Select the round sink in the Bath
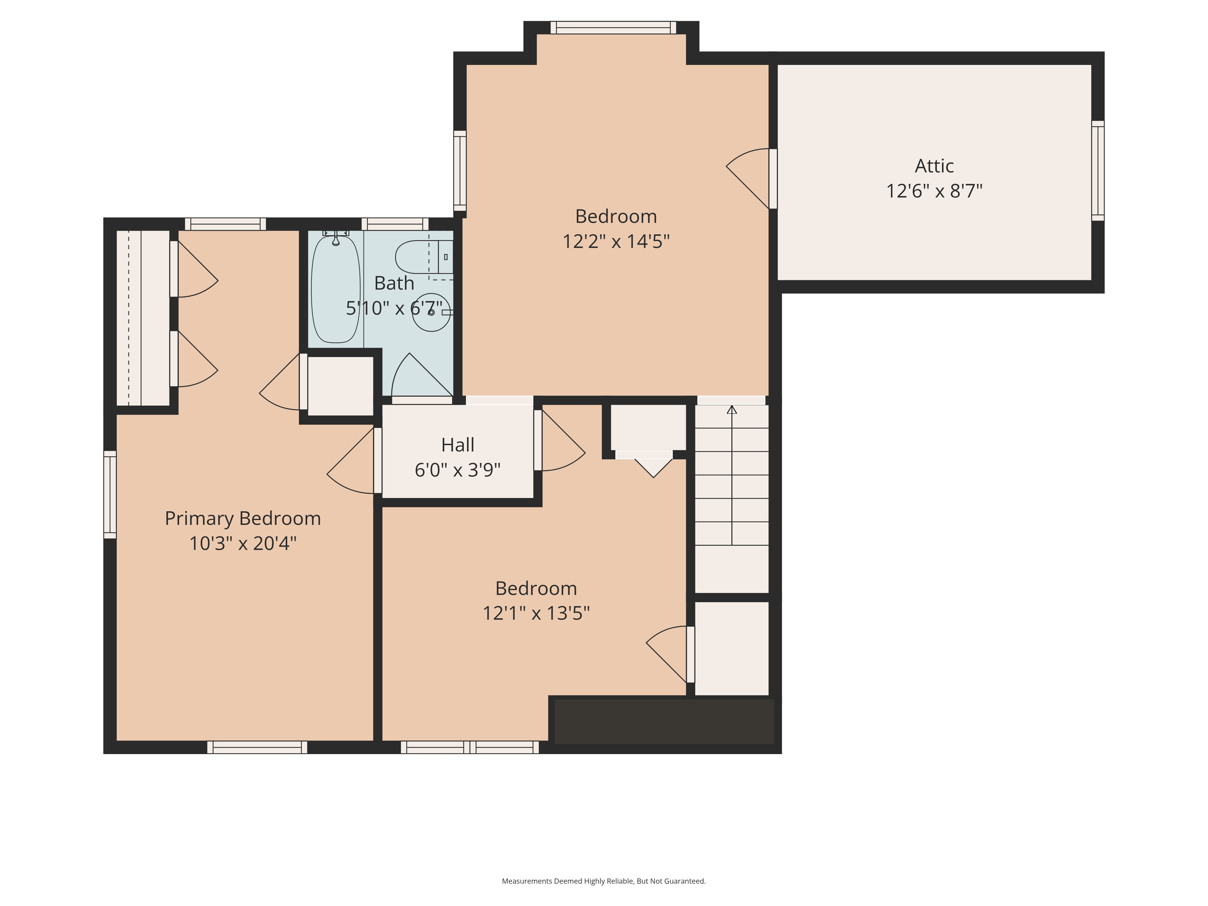432,312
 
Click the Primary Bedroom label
243,518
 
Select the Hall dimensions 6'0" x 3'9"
458,470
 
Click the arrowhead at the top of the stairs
732,410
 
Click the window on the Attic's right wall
1098,171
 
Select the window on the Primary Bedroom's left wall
110,495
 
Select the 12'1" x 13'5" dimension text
536,613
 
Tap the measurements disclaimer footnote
603,881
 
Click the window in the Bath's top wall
395,224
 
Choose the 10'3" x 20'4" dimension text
243,543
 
